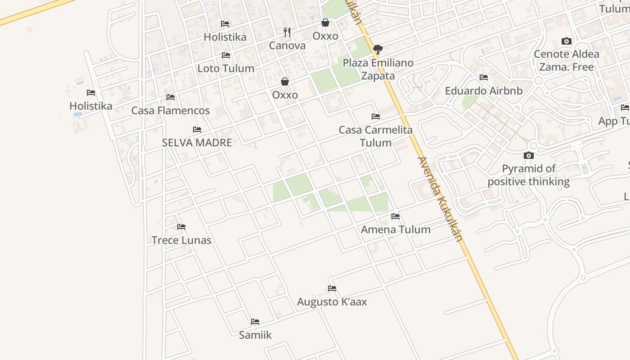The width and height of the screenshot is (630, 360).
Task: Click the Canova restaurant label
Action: coord(287,45)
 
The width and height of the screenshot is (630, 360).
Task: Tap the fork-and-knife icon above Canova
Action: coord(287,32)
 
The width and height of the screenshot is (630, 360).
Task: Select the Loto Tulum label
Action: coord(226,68)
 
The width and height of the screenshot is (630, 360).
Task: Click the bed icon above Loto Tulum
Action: coord(226,55)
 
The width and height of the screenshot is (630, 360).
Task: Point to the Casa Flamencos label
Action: coord(171,110)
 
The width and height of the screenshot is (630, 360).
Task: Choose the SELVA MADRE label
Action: coord(197,143)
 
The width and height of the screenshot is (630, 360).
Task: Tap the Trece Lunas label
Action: coord(181,240)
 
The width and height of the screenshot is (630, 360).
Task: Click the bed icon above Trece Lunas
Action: coord(181,226)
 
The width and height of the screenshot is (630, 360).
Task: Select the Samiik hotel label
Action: coord(255,335)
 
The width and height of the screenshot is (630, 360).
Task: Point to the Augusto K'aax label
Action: coord(332,301)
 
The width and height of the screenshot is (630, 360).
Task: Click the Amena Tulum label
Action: coord(396,229)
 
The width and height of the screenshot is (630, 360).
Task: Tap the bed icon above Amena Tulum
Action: coord(396,216)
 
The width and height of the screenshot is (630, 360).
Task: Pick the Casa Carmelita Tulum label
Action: coord(376,136)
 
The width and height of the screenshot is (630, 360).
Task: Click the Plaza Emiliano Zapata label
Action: coord(378,69)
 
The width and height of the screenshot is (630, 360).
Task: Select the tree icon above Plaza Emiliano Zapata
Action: coord(378,49)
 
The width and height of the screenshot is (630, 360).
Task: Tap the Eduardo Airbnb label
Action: coord(484,90)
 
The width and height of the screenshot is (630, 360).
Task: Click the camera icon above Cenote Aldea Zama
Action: coord(567,41)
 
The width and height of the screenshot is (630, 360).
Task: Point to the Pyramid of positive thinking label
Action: coord(529,175)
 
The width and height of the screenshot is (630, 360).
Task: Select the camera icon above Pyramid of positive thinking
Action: coord(529,156)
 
